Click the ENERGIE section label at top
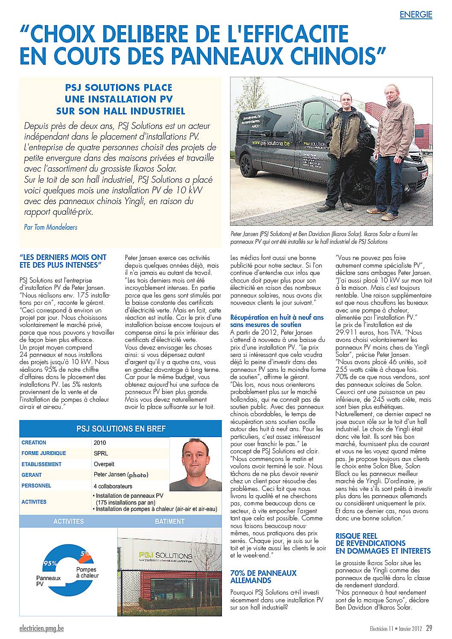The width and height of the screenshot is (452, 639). click(x=416, y=15)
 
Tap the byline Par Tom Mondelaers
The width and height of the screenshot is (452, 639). click(x=51, y=227)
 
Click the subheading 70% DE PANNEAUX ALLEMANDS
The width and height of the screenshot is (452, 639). click(x=263, y=576)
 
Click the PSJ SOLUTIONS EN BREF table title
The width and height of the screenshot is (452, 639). click(x=121, y=429)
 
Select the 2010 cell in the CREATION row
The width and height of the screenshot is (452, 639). click(x=100, y=443)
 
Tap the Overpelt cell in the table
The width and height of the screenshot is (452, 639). click(x=105, y=464)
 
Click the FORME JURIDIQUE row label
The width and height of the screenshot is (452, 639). click(x=44, y=453)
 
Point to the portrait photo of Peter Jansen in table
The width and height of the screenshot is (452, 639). click(x=195, y=464)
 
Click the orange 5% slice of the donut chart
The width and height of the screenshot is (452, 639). click(x=85, y=554)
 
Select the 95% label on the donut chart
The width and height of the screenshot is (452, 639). click(x=50, y=563)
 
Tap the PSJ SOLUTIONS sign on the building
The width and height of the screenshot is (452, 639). click(x=166, y=555)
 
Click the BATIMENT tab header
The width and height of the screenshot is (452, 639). click(x=169, y=521)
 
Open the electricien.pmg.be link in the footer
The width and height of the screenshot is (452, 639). click(x=41, y=629)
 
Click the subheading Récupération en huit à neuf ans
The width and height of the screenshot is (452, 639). click(x=277, y=318)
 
